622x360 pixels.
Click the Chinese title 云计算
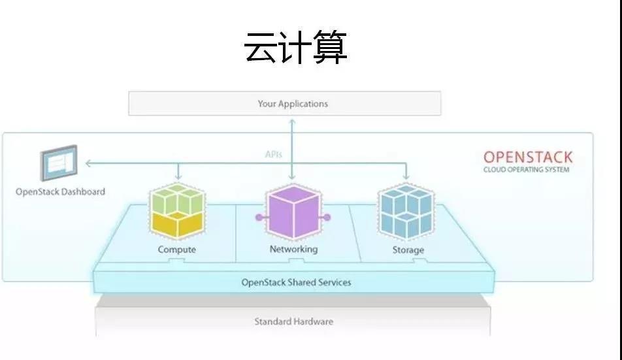click(295, 48)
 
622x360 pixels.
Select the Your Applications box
click(284, 103)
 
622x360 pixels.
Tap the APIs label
click(273, 155)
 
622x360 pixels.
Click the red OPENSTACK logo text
click(527, 157)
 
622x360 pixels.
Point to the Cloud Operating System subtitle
click(526, 170)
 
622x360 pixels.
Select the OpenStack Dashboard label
click(60, 192)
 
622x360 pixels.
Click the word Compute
click(176, 250)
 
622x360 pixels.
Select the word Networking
click(293, 249)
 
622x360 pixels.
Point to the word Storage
click(408, 250)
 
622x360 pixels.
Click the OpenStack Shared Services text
click(296, 283)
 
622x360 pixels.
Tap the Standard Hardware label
click(293, 321)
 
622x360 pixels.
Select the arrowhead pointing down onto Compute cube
click(177, 177)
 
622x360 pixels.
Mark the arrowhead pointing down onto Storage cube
click(406, 177)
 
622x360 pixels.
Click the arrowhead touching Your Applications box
click(292, 120)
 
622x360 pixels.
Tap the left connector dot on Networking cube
click(259, 217)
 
